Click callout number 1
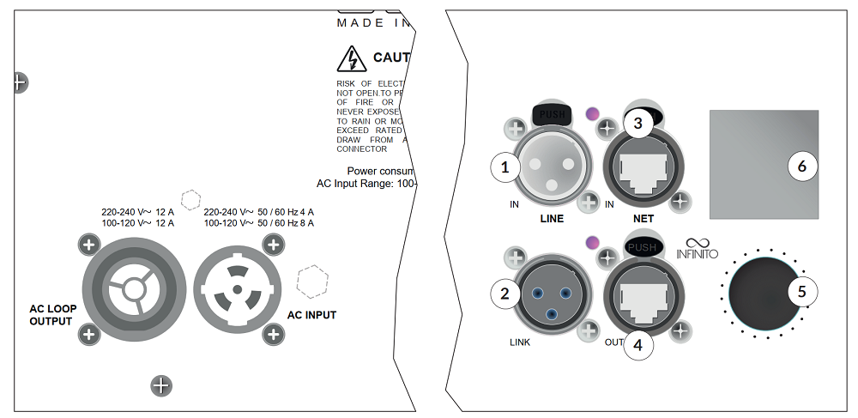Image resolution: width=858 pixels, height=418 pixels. (505, 167)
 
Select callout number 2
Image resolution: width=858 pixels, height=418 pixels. (505, 294)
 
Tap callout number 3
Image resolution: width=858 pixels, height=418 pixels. (637, 124)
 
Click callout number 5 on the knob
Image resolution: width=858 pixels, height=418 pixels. (802, 292)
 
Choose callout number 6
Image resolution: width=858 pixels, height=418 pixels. (802, 167)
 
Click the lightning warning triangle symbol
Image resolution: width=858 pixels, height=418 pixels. (351, 59)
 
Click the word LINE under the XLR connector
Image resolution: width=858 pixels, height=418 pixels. (552, 219)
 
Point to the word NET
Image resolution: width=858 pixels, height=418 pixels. (643, 219)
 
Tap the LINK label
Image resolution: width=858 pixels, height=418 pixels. (520, 342)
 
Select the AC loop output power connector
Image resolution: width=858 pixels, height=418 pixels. (132, 289)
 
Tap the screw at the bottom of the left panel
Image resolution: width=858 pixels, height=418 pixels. (161, 385)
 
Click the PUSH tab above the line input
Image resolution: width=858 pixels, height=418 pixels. (551, 112)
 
